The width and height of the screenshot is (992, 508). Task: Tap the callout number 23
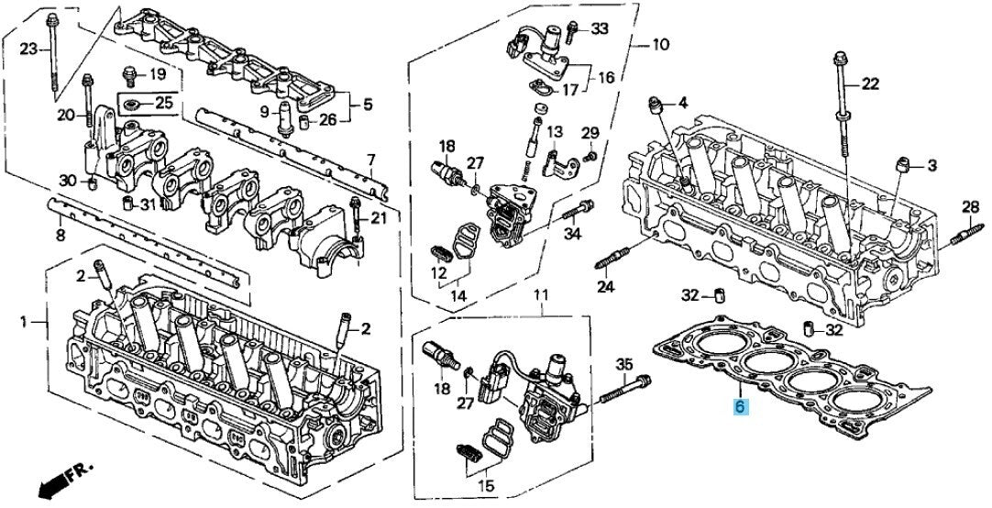28,48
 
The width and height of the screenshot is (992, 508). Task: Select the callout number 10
660,44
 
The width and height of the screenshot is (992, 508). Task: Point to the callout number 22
869,84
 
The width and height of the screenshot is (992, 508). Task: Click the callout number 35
624,364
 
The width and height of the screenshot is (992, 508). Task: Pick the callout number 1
24,321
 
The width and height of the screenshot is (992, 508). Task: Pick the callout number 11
541,295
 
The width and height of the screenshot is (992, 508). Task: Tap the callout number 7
371,160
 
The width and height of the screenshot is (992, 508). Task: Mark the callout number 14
457,295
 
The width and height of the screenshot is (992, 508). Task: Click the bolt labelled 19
129,72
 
